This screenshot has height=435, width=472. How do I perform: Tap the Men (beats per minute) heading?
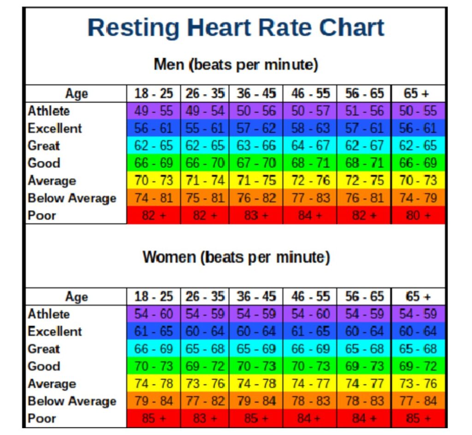[x=236, y=65]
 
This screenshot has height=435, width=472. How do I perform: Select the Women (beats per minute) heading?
[x=236, y=257]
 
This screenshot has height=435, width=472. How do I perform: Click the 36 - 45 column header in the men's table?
[x=256, y=94]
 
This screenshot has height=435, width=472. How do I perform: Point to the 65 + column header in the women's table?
[x=418, y=296]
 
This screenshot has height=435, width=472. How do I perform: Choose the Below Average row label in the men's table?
[x=72, y=198]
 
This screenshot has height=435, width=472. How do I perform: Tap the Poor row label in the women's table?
[x=42, y=418]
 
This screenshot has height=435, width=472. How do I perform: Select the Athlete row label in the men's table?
[x=49, y=111]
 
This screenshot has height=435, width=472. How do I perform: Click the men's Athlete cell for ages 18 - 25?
[x=154, y=111]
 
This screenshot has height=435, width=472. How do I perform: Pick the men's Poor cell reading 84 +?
[x=310, y=215]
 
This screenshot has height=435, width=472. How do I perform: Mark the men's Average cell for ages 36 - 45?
[x=256, y=180]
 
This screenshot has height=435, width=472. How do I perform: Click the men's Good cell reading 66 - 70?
[x=205, y=163]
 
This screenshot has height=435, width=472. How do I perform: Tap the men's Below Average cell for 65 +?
[x=418, y=198]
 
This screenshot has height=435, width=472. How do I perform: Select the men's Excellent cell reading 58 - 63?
[x=310, y=128]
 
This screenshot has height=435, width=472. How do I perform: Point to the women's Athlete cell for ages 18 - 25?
[x=154, y=314]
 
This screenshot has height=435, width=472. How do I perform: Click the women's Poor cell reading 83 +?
[x=205, y=418]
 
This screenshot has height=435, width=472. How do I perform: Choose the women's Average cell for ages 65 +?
[x=418, y=384]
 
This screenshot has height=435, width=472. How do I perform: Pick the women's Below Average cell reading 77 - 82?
[x=205, y=401]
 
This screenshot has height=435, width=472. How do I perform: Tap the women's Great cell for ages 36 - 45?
[x=256, y=349]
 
